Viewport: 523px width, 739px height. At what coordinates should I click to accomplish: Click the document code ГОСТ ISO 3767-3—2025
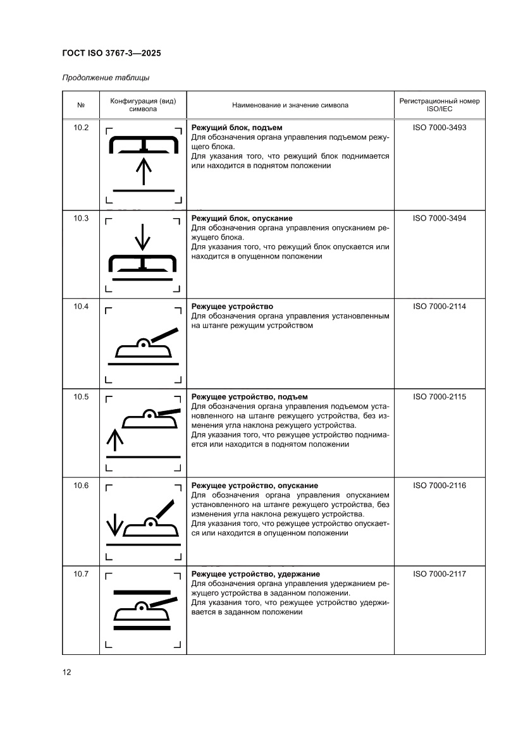111,54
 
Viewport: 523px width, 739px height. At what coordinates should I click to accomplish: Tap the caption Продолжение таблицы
106,78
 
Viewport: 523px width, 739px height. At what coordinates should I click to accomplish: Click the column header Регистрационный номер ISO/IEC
439,105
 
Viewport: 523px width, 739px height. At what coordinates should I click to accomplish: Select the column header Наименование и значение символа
290,105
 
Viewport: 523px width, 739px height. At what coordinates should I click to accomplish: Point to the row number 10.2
81,128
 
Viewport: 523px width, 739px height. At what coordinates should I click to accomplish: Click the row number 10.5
81,397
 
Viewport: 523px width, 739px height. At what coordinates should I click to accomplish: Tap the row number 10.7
81,574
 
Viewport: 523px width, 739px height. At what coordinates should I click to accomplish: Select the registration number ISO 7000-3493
439,128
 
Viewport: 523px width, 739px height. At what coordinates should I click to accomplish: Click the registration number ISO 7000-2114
439,307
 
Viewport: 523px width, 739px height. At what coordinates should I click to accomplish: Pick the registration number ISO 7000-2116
439,486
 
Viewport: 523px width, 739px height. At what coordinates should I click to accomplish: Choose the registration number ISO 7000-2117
439,574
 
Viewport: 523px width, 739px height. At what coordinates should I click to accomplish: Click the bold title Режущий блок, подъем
237,128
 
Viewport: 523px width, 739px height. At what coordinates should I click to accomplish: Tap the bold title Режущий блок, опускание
242,218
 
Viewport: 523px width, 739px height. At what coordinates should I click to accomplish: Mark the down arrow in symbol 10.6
114,523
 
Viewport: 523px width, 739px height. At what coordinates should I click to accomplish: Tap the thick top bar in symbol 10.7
142,592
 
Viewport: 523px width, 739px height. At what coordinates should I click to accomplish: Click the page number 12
66,672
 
